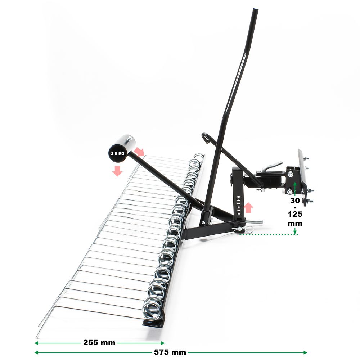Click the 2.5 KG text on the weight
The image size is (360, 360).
click(118, 153)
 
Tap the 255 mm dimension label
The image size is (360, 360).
click(99, 343)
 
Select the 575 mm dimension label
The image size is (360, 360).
click(170, 352)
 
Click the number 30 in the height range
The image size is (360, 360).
click(295, 201)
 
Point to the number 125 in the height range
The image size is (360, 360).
click(295, 214)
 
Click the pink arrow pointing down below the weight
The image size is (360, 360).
click(117, 171)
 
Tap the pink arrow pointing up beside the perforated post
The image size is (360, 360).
click(248, 208)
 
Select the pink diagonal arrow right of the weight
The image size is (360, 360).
click(139, 152)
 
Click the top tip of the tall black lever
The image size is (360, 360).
click(256, 9)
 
